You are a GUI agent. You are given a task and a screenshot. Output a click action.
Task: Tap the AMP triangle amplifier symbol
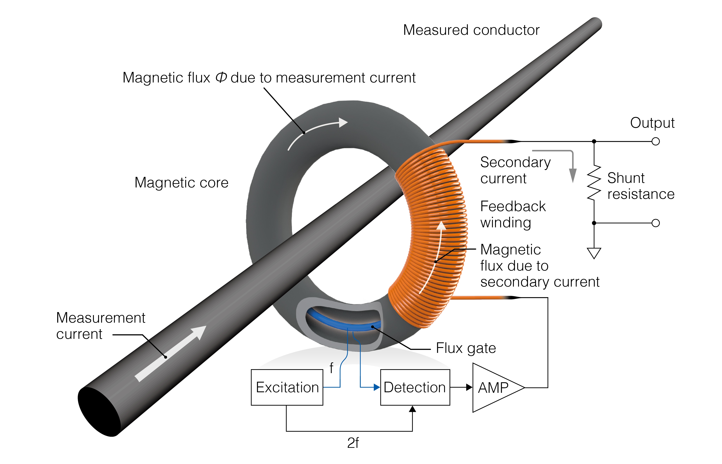[x=494, y=388]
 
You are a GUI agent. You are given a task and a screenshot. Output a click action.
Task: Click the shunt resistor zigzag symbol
[x=594, y=182]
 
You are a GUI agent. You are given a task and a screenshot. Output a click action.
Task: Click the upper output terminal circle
[x=655, y=141]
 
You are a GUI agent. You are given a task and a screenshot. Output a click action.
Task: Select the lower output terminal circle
[x=655, y=223]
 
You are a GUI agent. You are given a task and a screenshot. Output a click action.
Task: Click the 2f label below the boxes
[x=353, y=443]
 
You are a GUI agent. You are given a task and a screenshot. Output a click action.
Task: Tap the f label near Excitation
[x=331, y=368]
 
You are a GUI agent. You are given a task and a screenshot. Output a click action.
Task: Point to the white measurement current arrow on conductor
[x=170, y=354]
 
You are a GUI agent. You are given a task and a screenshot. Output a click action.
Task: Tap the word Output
[x=652, y=123]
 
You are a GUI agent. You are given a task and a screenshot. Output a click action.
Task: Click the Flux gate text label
[x=466, y=348]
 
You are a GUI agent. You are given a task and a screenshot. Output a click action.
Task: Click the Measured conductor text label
[x=471, y=30]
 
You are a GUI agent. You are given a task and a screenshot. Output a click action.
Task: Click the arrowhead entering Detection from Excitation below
[x=412, y=409]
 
